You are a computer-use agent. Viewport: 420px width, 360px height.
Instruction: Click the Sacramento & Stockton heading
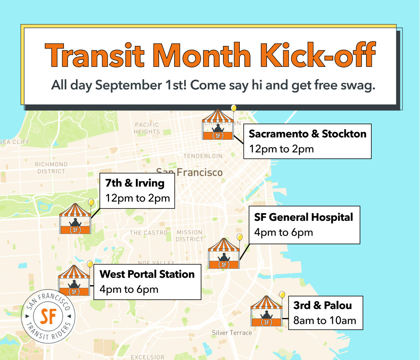point(307,134)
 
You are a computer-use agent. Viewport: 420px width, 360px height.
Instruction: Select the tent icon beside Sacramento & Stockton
point(217,125)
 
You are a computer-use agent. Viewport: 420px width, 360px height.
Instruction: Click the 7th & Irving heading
point(135,183)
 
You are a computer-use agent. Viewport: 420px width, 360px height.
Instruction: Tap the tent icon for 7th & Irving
point(75,219)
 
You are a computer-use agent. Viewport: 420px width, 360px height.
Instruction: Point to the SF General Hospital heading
point(304,217)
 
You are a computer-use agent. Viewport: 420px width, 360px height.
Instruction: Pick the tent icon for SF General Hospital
point(224,254)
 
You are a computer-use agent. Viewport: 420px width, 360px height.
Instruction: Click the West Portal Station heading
point(147,274)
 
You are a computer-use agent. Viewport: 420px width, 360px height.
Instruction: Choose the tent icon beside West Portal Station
point(74,280)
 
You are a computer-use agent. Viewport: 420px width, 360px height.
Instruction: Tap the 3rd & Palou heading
point(322,305)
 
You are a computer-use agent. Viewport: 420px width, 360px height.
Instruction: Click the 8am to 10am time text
point(324,320)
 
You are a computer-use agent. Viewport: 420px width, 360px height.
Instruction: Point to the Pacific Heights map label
point(147,128)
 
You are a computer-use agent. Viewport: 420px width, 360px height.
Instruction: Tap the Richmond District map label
point(51,168)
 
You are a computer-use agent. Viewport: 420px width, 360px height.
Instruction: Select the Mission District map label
point(189,236)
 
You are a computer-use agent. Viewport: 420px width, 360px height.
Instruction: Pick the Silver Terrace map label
point(232,333)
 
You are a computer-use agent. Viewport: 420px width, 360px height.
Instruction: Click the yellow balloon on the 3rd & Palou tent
point(282,294)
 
